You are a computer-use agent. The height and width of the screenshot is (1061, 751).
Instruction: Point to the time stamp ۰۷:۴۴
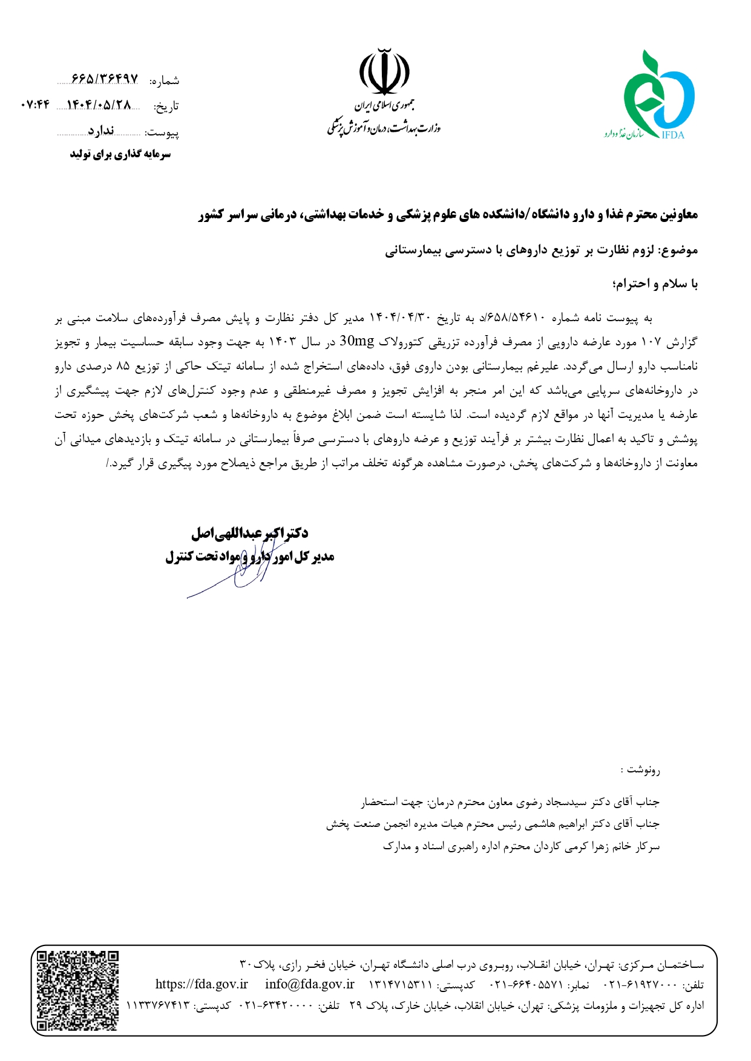[34, 105]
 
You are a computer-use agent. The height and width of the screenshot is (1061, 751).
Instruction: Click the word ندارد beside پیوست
[100, 131]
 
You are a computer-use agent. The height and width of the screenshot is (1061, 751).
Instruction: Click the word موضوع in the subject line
[680, 250]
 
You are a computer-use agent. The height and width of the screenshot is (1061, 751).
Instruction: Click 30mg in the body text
[357, 341]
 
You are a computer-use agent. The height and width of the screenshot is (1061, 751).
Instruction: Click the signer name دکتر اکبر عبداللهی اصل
[249, 533]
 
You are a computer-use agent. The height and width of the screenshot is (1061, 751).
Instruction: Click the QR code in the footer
[77, 990]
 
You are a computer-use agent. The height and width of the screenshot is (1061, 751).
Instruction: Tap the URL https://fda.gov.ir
[202, 984]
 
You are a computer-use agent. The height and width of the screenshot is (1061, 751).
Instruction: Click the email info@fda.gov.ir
[309, 984]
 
